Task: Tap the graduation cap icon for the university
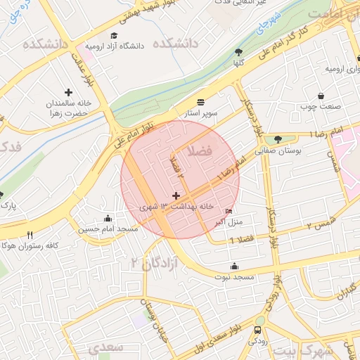click(114, 35)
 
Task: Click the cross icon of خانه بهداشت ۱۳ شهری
click(176, 195)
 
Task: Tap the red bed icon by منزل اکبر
click(229, 211)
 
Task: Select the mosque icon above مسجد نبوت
click(234, 266)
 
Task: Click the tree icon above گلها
click(238, 51)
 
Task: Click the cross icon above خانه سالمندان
click(68, 92)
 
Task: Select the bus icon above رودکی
click(259, 329)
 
